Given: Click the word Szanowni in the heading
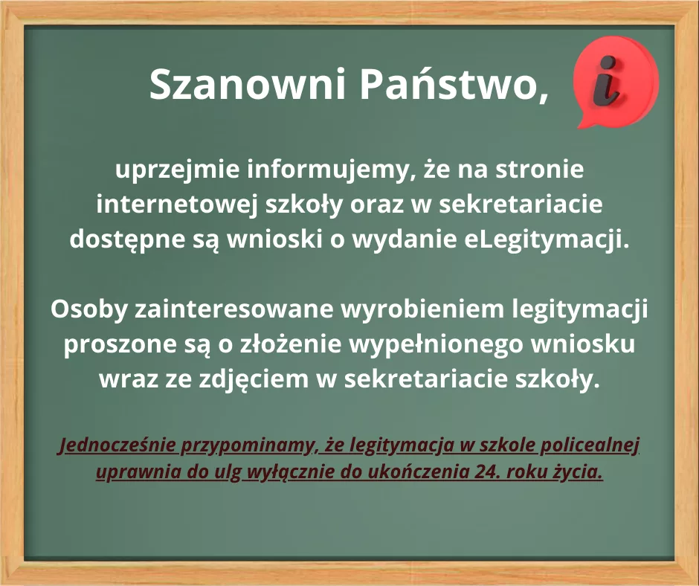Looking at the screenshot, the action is tap(248, 84).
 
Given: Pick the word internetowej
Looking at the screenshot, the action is tap(177, 205).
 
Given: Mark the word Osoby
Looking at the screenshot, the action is tap(89, 309).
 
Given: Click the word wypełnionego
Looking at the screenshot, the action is tap(436, 344).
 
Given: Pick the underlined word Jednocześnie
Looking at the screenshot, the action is tap(117, 445).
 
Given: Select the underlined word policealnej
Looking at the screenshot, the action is tap(590, 445).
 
